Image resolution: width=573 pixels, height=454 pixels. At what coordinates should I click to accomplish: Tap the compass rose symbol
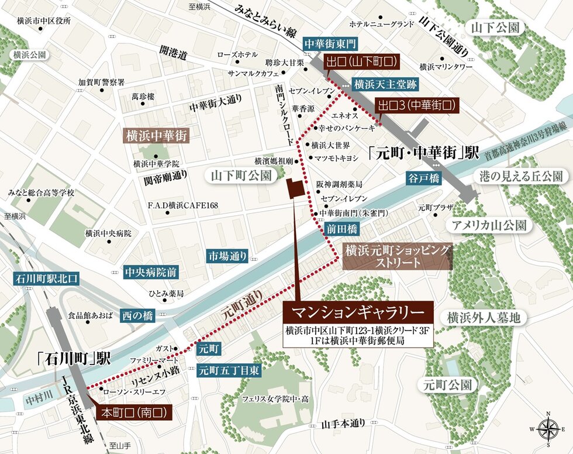548,429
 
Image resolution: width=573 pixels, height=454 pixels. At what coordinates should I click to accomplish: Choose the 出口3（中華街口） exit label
416,106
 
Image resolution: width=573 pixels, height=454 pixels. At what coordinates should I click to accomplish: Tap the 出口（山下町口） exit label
362,60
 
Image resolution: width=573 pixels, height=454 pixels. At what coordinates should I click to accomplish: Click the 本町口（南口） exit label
135,412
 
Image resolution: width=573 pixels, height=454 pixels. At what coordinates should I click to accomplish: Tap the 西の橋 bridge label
137,315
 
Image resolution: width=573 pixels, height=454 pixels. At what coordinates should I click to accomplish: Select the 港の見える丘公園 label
520,177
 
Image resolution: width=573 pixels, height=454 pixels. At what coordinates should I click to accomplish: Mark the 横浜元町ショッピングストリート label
398,256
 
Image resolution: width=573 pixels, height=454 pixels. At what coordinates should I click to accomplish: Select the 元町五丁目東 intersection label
229,370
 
